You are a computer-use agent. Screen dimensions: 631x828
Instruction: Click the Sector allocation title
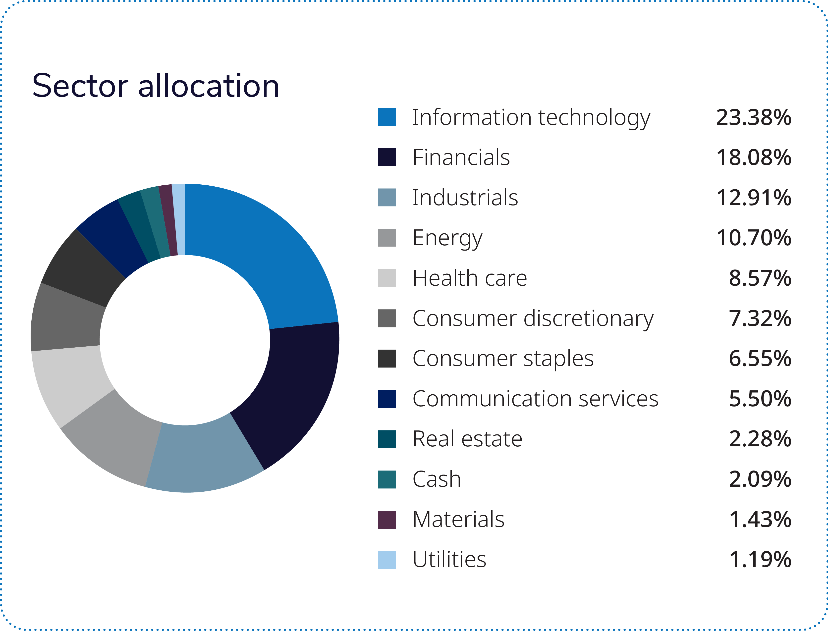point(156,86)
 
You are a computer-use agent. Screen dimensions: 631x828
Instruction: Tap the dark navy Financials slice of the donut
point(293,387)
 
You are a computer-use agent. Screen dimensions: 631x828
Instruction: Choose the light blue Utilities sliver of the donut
point(179,220)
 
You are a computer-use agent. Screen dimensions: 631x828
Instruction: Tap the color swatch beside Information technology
point(386,117)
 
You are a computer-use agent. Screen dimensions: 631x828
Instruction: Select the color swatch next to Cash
point(386,479)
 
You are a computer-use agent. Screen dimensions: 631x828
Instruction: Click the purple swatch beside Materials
point(386,520)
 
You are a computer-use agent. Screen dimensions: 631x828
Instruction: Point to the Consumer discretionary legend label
point(533,318)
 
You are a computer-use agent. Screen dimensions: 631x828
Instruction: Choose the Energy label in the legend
point(447,238)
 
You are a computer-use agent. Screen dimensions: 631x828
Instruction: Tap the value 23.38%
point(753,117)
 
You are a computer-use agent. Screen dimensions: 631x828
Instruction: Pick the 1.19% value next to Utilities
point(760,560)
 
